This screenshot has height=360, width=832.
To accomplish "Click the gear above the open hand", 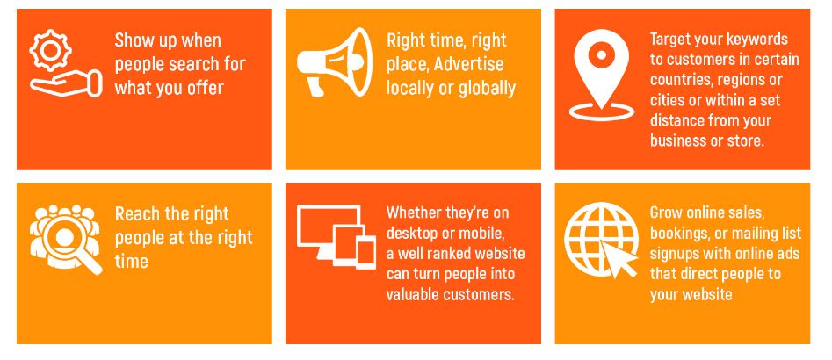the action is pyautogui.click(x=50, y=50).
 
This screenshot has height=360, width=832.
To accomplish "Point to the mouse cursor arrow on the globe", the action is pyautogui.click(x=618, y=259).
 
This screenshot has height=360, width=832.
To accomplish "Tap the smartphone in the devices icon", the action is pyautogui.click(x=365, y=253).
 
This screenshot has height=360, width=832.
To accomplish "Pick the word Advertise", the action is pyautogui.click(x=468, y=64).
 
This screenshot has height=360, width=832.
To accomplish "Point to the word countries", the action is pyautogui.click(x=681, y=80).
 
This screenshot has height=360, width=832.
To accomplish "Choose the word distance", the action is pyautogui.click(x=677, y=120).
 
